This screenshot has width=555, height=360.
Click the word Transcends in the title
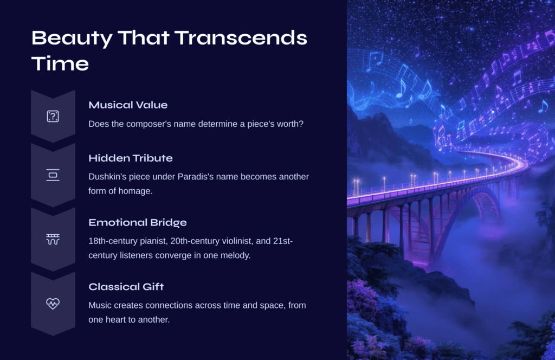click(241, 38)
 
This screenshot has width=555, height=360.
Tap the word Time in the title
click(60, 64)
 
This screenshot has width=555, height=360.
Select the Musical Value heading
click(128, 105)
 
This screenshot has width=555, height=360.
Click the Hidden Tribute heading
click(130, 158)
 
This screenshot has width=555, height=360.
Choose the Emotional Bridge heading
click(137, 222)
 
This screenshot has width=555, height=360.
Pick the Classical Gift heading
click(126, 286)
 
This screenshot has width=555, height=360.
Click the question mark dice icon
click(53, 116)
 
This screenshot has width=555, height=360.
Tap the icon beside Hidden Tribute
click(53, 175)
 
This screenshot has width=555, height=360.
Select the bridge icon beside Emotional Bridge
click(53, 239)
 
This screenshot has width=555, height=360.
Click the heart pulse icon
click(53, 304)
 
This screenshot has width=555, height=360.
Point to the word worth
click(291, 124)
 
